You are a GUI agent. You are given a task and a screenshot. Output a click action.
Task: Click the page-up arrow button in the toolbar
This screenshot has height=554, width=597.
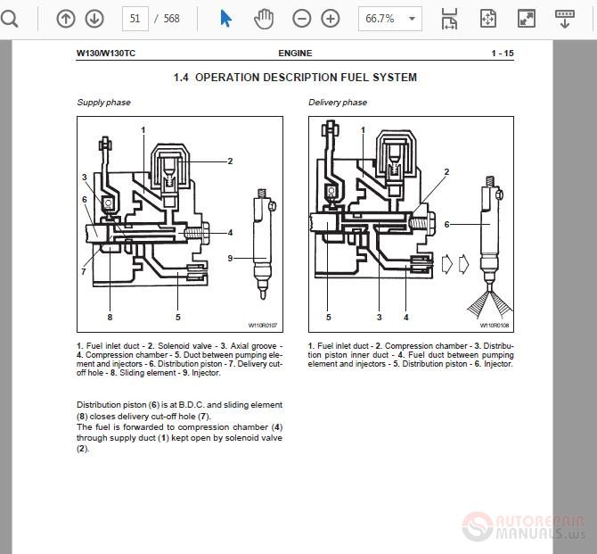coord(66,19)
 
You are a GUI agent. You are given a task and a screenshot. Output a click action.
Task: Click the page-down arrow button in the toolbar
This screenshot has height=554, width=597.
coord(94,19)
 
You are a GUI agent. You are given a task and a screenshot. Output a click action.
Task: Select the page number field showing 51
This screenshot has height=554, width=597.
coord(135,19)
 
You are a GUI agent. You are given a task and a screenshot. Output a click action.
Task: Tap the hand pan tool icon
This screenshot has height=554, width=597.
coord(264,19)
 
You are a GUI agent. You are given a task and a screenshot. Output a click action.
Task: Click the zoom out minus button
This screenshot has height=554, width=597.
coord(302,19)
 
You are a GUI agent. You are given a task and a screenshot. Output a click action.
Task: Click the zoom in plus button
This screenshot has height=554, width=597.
coord(331,19)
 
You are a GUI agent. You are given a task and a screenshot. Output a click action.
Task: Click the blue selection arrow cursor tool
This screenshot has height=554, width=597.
coord(226,19)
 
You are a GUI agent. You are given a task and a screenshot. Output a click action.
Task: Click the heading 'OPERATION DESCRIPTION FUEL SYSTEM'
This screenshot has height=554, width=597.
coord(306,78)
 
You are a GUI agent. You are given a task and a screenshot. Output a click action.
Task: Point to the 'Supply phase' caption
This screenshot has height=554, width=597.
coord(103,103)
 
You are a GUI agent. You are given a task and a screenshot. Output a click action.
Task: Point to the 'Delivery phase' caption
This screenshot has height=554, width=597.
coord(339,103)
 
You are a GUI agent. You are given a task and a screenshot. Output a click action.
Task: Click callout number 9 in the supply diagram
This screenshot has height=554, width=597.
coord(229,258)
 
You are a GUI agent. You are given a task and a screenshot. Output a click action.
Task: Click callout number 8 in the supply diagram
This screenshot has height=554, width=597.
coord(110,317)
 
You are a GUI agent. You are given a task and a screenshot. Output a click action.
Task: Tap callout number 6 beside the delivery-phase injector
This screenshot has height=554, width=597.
coord(447,225)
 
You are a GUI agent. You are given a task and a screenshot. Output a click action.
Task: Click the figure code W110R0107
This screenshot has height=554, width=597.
coord(263,326)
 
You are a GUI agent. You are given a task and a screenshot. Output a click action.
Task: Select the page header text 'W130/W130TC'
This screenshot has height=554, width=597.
coord(106,54)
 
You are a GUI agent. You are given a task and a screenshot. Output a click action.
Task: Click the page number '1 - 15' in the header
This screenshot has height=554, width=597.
coord(502,54)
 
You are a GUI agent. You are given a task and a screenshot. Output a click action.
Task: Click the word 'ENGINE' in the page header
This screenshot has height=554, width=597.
coord(295,54)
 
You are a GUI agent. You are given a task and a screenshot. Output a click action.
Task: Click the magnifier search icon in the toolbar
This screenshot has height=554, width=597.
coord(9,19)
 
